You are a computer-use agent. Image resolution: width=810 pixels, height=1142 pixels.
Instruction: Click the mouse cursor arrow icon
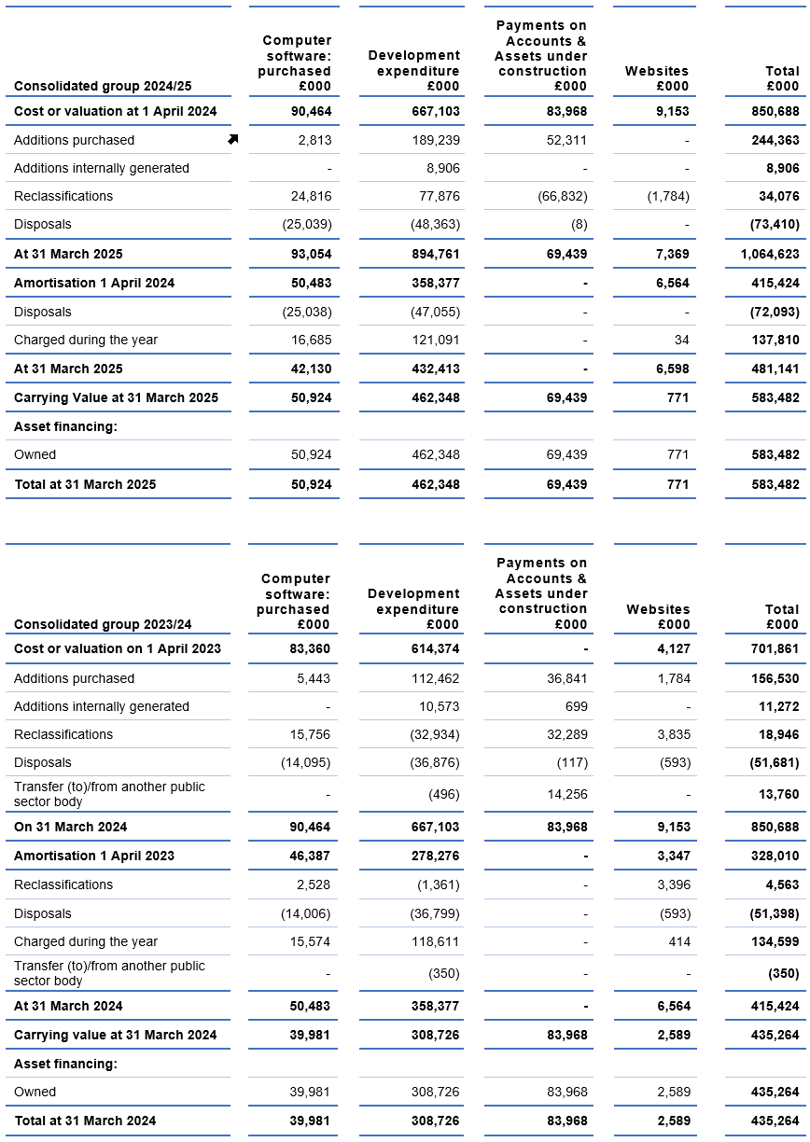coord(232,139)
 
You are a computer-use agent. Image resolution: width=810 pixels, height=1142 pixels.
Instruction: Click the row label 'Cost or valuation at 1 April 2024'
coord(115,111)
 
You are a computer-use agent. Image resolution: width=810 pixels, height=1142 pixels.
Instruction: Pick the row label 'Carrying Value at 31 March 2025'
coord(116,397)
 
